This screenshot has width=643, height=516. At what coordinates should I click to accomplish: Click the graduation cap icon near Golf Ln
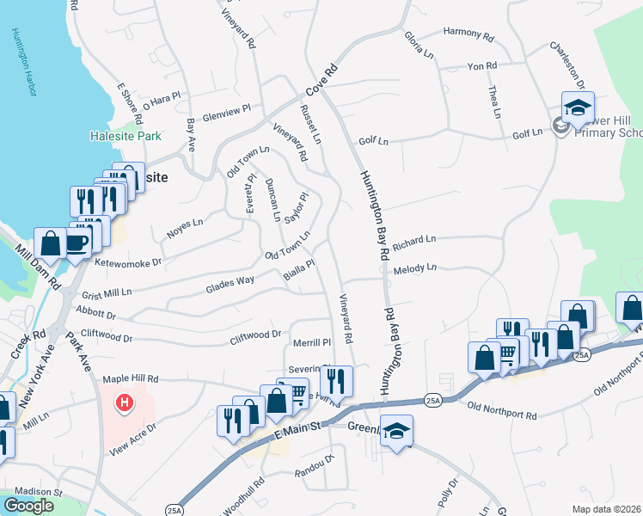tap(579, 107)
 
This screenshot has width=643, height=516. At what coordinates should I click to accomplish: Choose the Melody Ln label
tap(415, 270)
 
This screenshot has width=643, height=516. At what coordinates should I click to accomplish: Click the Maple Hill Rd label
tap(131, 378)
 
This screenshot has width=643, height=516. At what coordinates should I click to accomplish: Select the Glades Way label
tap(230, 281)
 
